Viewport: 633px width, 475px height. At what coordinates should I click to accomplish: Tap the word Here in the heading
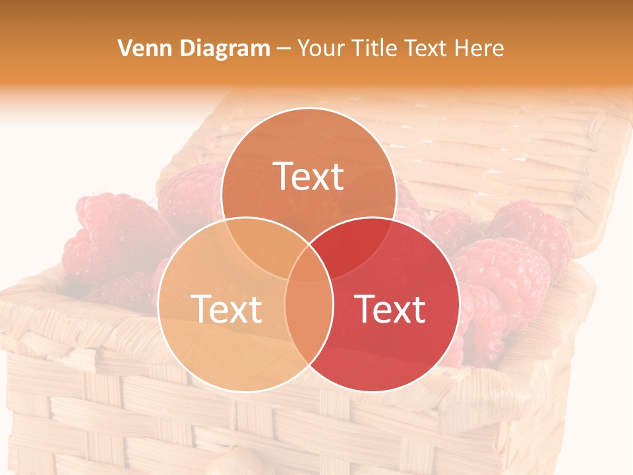click(x=482, y=48)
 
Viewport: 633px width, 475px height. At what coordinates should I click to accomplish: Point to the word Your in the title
click(x=320, y=48)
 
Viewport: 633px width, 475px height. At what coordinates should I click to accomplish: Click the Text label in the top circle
click(x=309, y=176)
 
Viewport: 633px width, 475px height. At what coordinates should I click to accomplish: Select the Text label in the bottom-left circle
click(x=226, y=309)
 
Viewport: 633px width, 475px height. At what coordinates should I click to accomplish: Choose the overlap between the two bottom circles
click(x=309, y=317)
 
